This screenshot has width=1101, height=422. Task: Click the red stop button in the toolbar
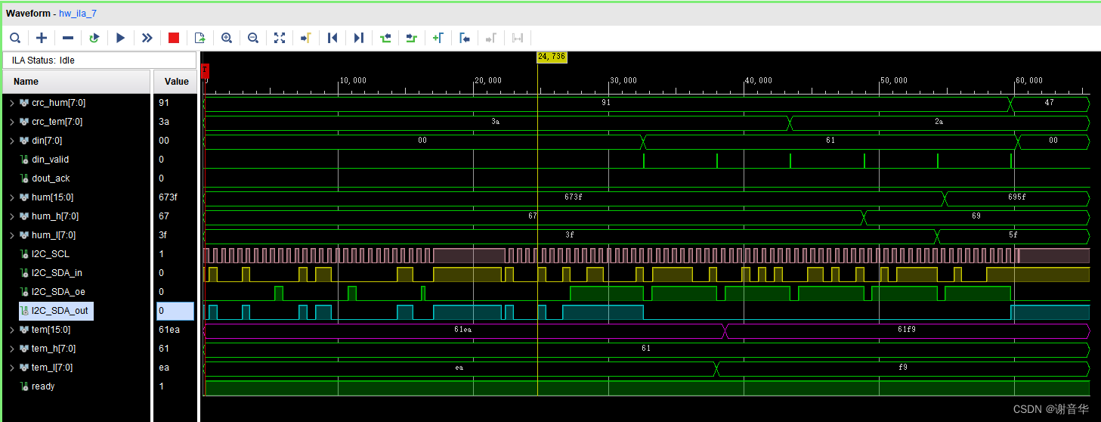click(x=174, y=38)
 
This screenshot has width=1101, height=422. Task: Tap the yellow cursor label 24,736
click(x=552, y=57)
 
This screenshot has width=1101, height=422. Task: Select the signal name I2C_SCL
click(x=51, y=254)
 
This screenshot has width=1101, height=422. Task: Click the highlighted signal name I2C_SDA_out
click(x=59, y=311)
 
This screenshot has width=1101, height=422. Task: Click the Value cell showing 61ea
click(x=169, y=330)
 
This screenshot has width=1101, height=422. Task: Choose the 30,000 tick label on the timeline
click(x=623, y=81)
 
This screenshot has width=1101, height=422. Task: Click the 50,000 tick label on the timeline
click(x=893, y=81)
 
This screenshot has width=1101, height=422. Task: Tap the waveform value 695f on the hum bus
click(x=1017, y=197)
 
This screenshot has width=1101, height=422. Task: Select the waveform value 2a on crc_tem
click(x=939, y=122)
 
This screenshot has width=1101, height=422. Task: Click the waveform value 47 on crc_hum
click(x=1049, y=103)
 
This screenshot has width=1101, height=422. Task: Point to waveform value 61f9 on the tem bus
click(x=907, y=330)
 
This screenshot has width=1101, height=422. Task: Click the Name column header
click(x=26, y=82)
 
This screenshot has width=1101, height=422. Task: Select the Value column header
click(x=176, y=82)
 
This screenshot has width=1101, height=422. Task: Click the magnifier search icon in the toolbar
click(x=15, y=38)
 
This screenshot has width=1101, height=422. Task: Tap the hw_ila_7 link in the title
click(x=78, y=14)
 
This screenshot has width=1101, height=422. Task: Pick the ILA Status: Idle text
click(x=43, y=61)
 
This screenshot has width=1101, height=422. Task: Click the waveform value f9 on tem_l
click(x=902, y=368)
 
